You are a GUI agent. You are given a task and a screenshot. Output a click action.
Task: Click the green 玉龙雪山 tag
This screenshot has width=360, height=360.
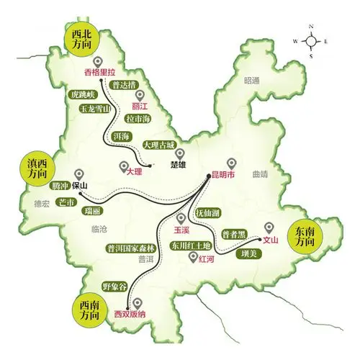point(95,109)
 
